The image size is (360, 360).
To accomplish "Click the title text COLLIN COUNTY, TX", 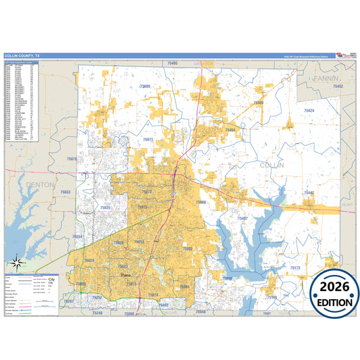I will [x=22, y=56].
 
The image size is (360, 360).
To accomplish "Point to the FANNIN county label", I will [x=326, y=79].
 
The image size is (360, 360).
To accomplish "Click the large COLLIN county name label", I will [x=272, y=165].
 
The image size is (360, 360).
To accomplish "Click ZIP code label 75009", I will [x=145, y=87].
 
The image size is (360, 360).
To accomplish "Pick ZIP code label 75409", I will [x=257, y=103].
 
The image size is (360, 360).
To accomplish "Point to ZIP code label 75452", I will [x=338, y=87].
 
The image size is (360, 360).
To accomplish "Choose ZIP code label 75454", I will [x=230, y=130].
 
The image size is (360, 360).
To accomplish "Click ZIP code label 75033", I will [x=66, y=192].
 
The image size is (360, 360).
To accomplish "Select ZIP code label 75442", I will [x=308, y=193].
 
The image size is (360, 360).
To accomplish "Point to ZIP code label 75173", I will [x=294, y=268].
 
